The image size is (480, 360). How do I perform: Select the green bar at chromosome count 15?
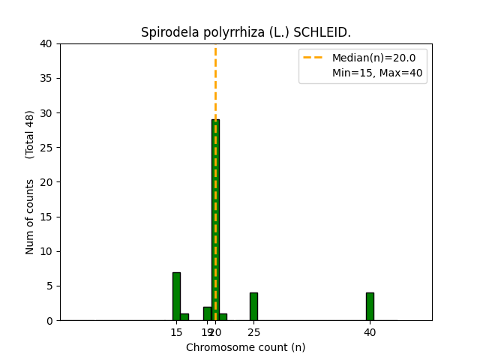coord(176,296)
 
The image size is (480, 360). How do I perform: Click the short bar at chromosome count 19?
coord(207,313)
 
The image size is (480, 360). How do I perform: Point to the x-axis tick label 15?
coord(176,331)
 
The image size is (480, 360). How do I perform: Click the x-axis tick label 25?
coord(253,331)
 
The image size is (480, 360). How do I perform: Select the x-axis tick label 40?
coord(370,331)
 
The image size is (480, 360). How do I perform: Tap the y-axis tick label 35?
coord(46,79)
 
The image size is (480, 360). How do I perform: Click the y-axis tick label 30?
coord(46,113)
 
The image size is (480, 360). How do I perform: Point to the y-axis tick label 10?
coord(46,251)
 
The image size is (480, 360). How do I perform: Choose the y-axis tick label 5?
coord(49,286)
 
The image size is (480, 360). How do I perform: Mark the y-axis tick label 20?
coord(46,182)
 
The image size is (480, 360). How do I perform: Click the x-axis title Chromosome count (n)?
coord(246,347)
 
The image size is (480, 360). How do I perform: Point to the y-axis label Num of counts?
coord(31,217)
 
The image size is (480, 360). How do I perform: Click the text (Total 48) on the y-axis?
coord(31,134)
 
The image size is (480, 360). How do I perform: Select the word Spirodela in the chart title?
coord(165,33)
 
